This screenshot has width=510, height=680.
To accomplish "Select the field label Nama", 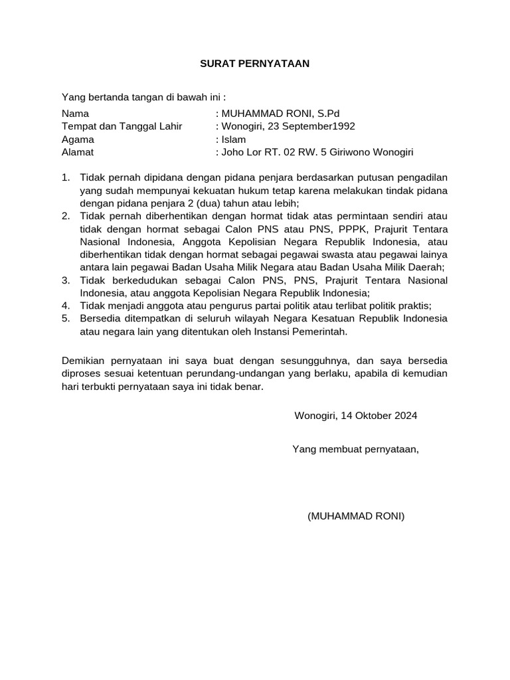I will coord(75,114).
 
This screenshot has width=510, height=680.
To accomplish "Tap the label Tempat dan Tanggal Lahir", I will coord(122,127).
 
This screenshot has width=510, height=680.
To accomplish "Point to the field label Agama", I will coord(78,139).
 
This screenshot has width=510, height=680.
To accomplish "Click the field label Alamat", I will coord(78,152).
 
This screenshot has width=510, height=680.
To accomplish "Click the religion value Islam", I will coord(234,139).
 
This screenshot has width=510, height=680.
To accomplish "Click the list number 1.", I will coord(65,177).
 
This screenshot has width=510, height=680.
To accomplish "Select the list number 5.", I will coord(65,318).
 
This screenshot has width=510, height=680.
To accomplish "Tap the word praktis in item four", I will coord(413,305).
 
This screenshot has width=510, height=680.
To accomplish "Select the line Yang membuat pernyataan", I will coord(356,450).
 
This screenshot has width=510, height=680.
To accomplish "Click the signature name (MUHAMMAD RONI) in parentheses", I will coord(356,517).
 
